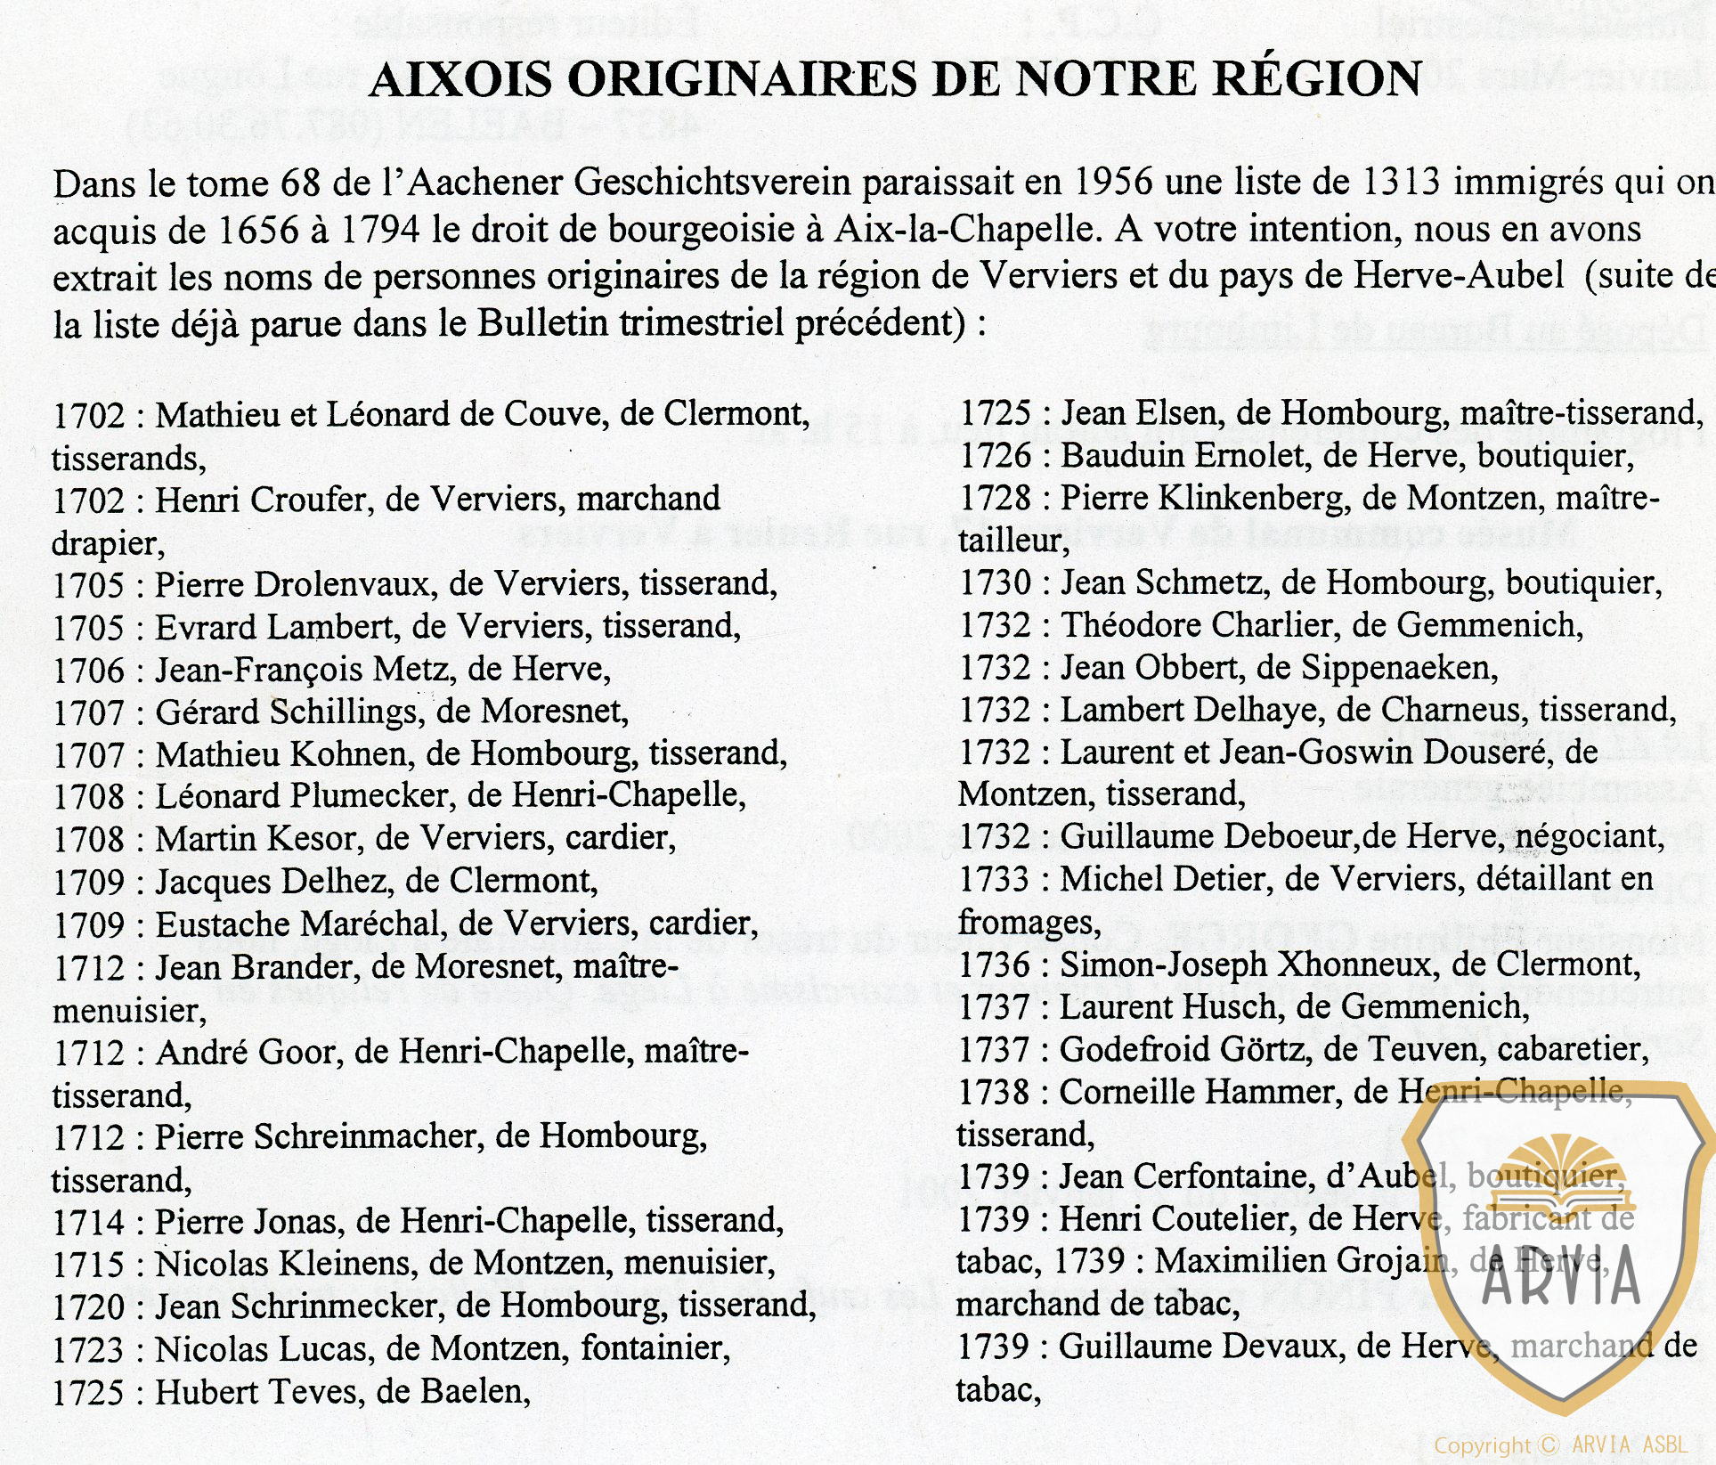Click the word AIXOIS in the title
[x=460, y=79]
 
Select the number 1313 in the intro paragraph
[x=1401, y=183]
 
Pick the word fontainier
[x=655, y=1348]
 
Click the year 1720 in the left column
[x=89, y=1306]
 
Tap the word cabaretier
[x=1572, y=1049]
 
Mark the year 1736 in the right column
[x=995, y=964]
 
